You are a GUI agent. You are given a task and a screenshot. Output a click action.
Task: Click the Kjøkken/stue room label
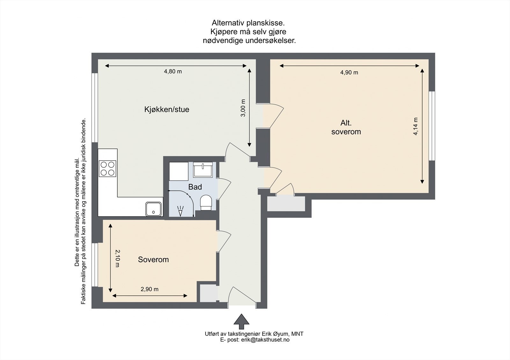tap(167, 109)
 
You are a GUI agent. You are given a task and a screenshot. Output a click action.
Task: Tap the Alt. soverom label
tap(346, 127)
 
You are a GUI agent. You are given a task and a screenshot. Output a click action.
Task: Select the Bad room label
tap(195, 187)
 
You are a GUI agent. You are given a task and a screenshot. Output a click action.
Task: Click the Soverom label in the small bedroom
tap(153, 260)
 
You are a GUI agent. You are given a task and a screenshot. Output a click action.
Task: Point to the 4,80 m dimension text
tap(173, 72)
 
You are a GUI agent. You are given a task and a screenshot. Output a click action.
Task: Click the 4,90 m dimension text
tap(349, 73)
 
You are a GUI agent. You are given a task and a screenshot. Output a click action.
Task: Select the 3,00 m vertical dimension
tap(243, 108)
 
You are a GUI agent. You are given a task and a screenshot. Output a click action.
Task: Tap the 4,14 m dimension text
tap(416, 126)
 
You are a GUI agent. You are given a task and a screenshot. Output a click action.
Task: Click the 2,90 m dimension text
tap(149, 289)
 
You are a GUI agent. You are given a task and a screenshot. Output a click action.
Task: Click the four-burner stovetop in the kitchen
tap(107, 169)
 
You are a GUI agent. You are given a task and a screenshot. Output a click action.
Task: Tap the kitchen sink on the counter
tap(154, 209)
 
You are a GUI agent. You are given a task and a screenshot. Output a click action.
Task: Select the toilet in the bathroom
tap(206, 203)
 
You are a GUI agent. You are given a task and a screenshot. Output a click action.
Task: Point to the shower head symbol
tap(181, 210)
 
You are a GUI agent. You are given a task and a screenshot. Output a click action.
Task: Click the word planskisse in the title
tap(265, 23)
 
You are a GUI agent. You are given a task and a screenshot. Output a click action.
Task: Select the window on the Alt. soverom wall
tap(432, 126)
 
